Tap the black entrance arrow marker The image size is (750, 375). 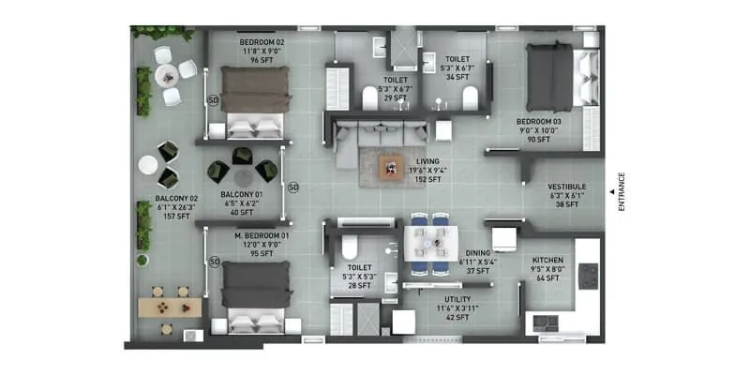pyautogui.click(x=610, y=192)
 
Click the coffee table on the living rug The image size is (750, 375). pyautogui.click(x=390, y=168)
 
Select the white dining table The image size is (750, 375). pyautogui.click(x=430, y=246)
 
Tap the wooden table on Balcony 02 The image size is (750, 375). pyautogui.click(x=169, y=307)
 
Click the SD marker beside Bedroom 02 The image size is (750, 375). pyautogui.click(x=214, y=100)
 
